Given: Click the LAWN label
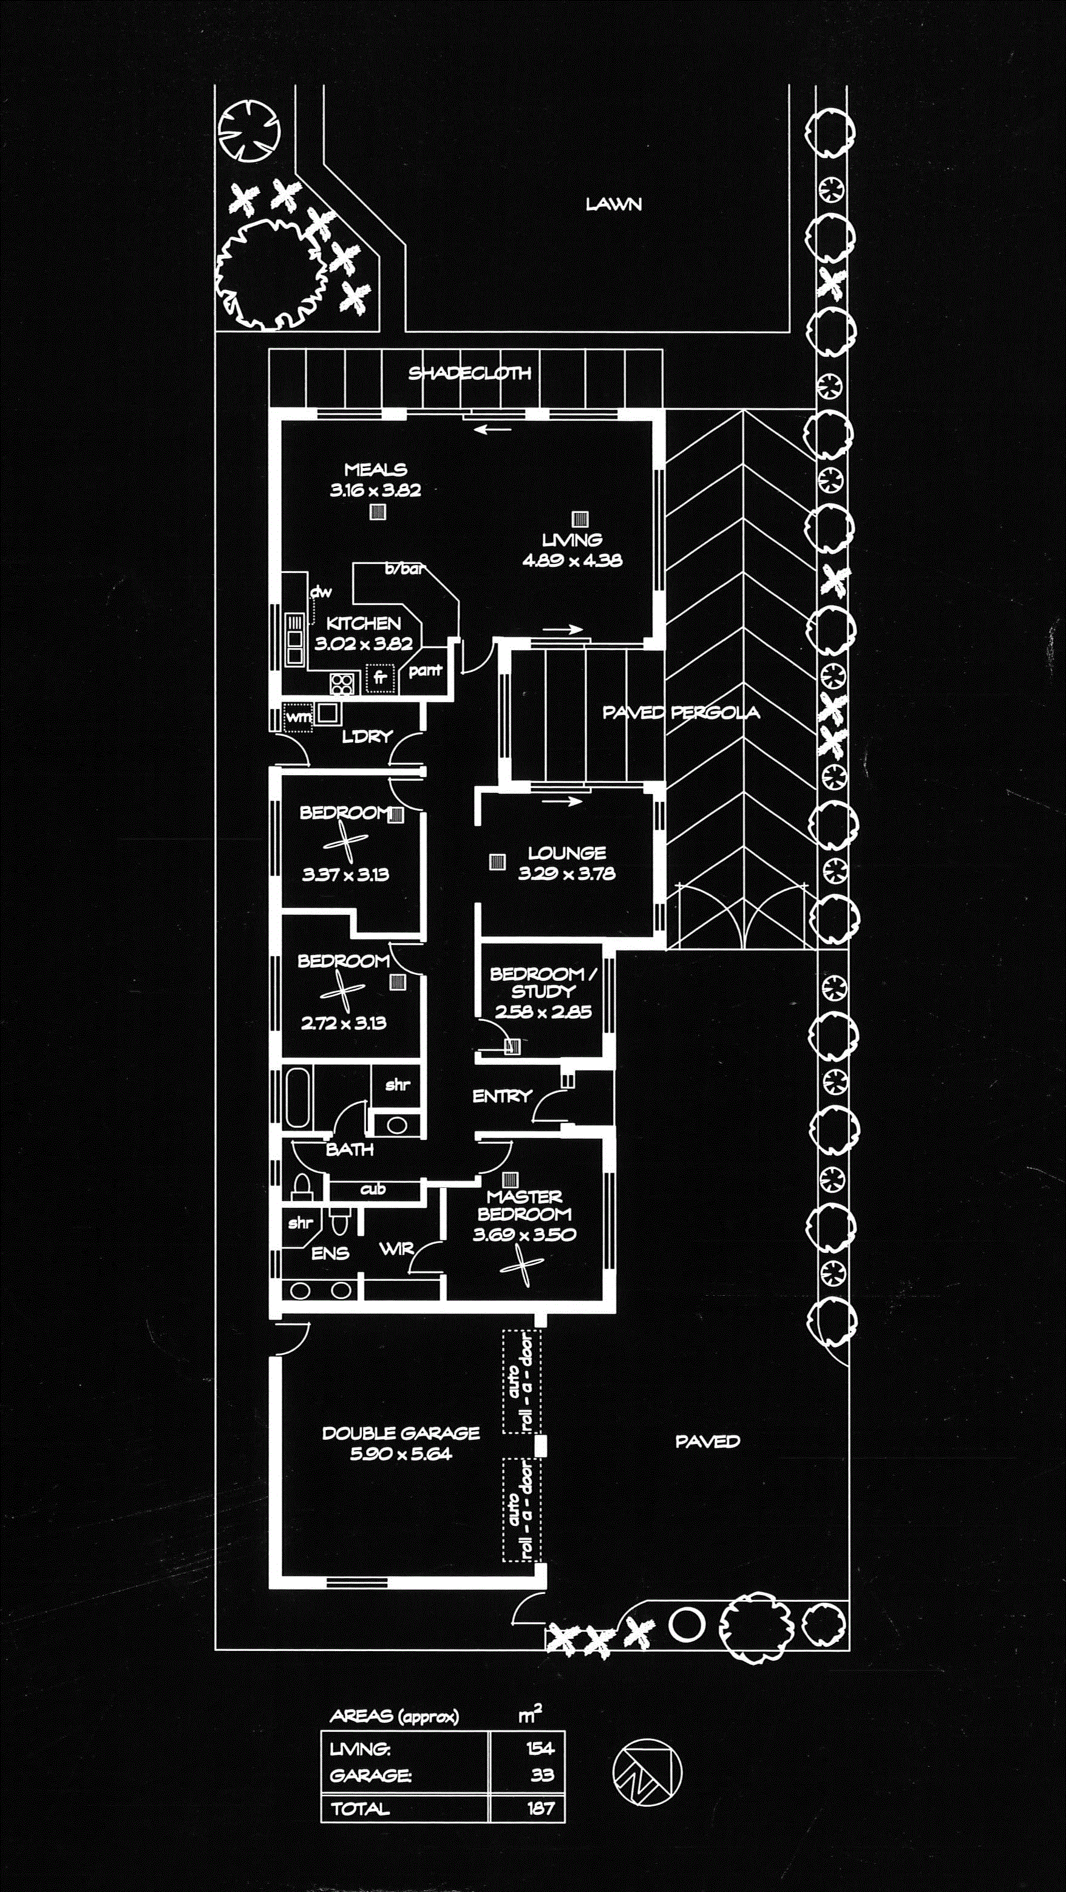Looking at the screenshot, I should tap(614, 204).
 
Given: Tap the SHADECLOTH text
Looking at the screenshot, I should tap(469, 373).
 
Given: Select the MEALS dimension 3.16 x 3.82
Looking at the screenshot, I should tap(375, 490).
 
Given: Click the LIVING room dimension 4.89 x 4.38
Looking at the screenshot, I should tap(572, 560).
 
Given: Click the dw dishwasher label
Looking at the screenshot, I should tap(321, 591).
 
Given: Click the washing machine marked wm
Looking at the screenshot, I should tap(298, 717).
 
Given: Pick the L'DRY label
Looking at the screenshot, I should tap(367, 736).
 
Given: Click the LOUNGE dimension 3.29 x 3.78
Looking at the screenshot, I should tap(566, 873).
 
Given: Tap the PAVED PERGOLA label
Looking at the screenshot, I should tap(681, 712).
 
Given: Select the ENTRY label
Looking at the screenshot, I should tap(502, 1096).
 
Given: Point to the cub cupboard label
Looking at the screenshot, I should tap(373, 1189).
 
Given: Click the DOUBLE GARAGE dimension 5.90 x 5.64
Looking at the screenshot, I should tap(401, 1454).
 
